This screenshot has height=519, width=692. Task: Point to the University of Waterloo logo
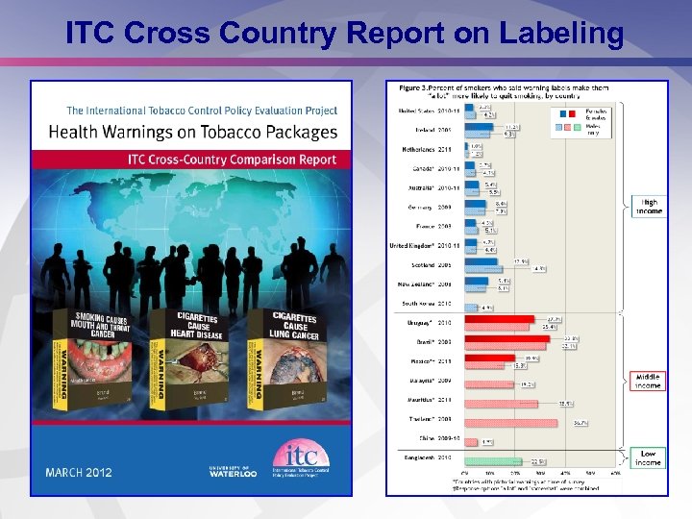point(230,470)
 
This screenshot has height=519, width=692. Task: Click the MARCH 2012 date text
point(79,472)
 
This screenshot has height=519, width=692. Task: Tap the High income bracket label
point(649,207)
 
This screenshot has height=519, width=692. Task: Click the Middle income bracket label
point(648,382)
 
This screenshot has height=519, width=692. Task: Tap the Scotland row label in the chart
point(432,264)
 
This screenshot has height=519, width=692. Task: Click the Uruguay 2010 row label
point(432,322)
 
